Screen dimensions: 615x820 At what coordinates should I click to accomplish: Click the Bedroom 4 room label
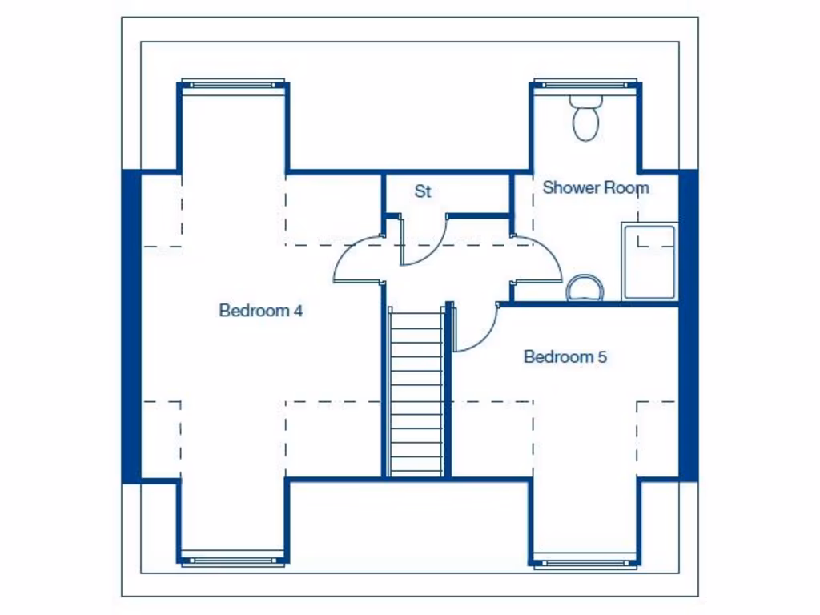[261, 311]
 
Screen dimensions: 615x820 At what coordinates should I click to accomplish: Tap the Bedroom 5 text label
[565, 357]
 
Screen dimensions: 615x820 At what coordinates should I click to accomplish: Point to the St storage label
[423, 192]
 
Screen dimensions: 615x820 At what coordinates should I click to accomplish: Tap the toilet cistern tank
[586, 102]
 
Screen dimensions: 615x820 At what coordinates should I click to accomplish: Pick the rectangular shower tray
[649, 262]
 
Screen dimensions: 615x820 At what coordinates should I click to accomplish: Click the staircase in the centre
[416, 392]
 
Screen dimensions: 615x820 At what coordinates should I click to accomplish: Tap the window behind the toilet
[585, 82]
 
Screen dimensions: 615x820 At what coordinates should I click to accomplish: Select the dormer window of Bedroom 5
[585, 561]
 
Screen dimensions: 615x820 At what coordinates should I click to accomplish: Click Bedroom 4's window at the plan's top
[233, 82]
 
